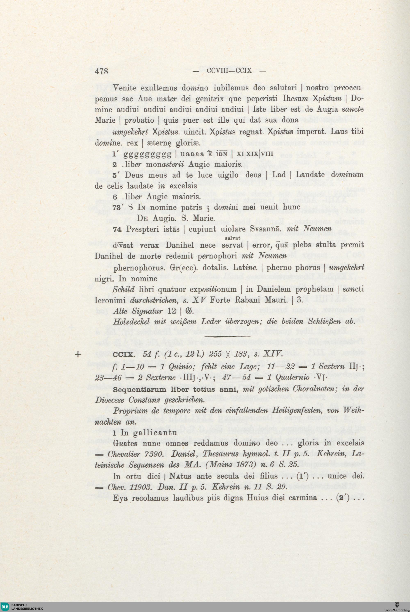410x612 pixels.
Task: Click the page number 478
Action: pos(101,71)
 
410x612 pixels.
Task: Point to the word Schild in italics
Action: pos(123,289)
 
